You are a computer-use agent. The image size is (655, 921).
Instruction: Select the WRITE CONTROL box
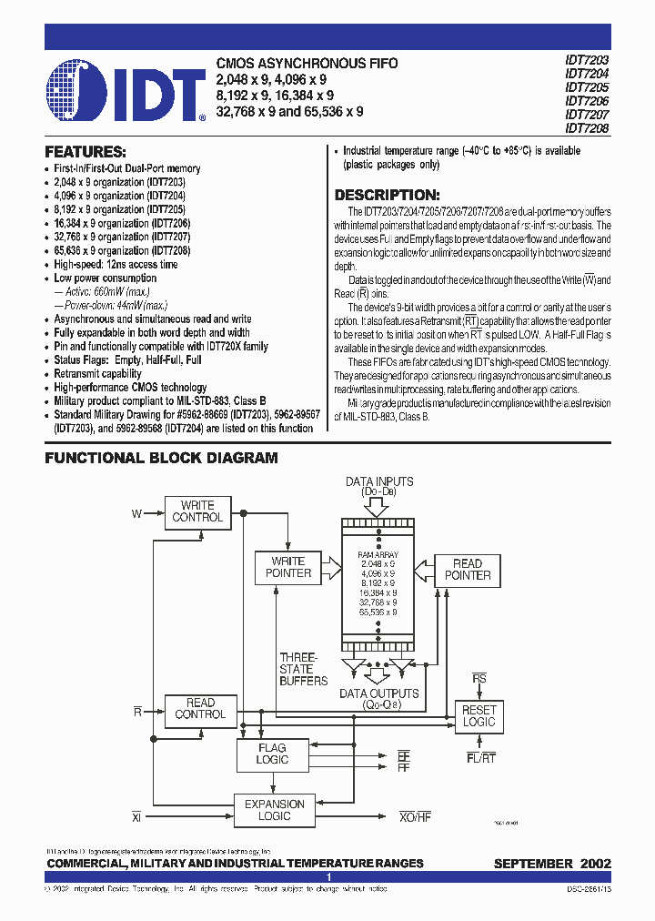197,511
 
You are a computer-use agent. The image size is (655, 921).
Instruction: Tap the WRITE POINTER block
288,567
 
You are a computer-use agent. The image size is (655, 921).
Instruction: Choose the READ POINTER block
468,570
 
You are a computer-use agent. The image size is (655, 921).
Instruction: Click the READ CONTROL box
200,709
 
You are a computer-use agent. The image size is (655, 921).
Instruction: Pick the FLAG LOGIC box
272,754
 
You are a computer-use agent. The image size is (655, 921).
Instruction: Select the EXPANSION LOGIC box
275,810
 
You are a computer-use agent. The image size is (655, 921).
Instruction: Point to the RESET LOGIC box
479,715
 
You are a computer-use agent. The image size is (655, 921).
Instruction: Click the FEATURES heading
86,152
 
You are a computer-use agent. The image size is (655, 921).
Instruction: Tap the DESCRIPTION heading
388,195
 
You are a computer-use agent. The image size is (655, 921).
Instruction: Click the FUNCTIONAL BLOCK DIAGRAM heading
162,459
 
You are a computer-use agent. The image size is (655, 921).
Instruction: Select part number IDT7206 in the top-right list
587,102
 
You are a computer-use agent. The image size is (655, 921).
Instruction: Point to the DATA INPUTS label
379,481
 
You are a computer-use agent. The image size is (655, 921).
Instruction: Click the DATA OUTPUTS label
379,693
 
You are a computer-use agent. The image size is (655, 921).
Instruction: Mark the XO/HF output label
415,817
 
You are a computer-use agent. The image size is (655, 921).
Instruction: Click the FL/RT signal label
481,757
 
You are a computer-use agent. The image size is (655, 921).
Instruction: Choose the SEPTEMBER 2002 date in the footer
552,864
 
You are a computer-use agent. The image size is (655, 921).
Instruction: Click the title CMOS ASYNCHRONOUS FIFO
307,64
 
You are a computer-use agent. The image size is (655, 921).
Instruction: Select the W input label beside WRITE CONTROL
136,514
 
